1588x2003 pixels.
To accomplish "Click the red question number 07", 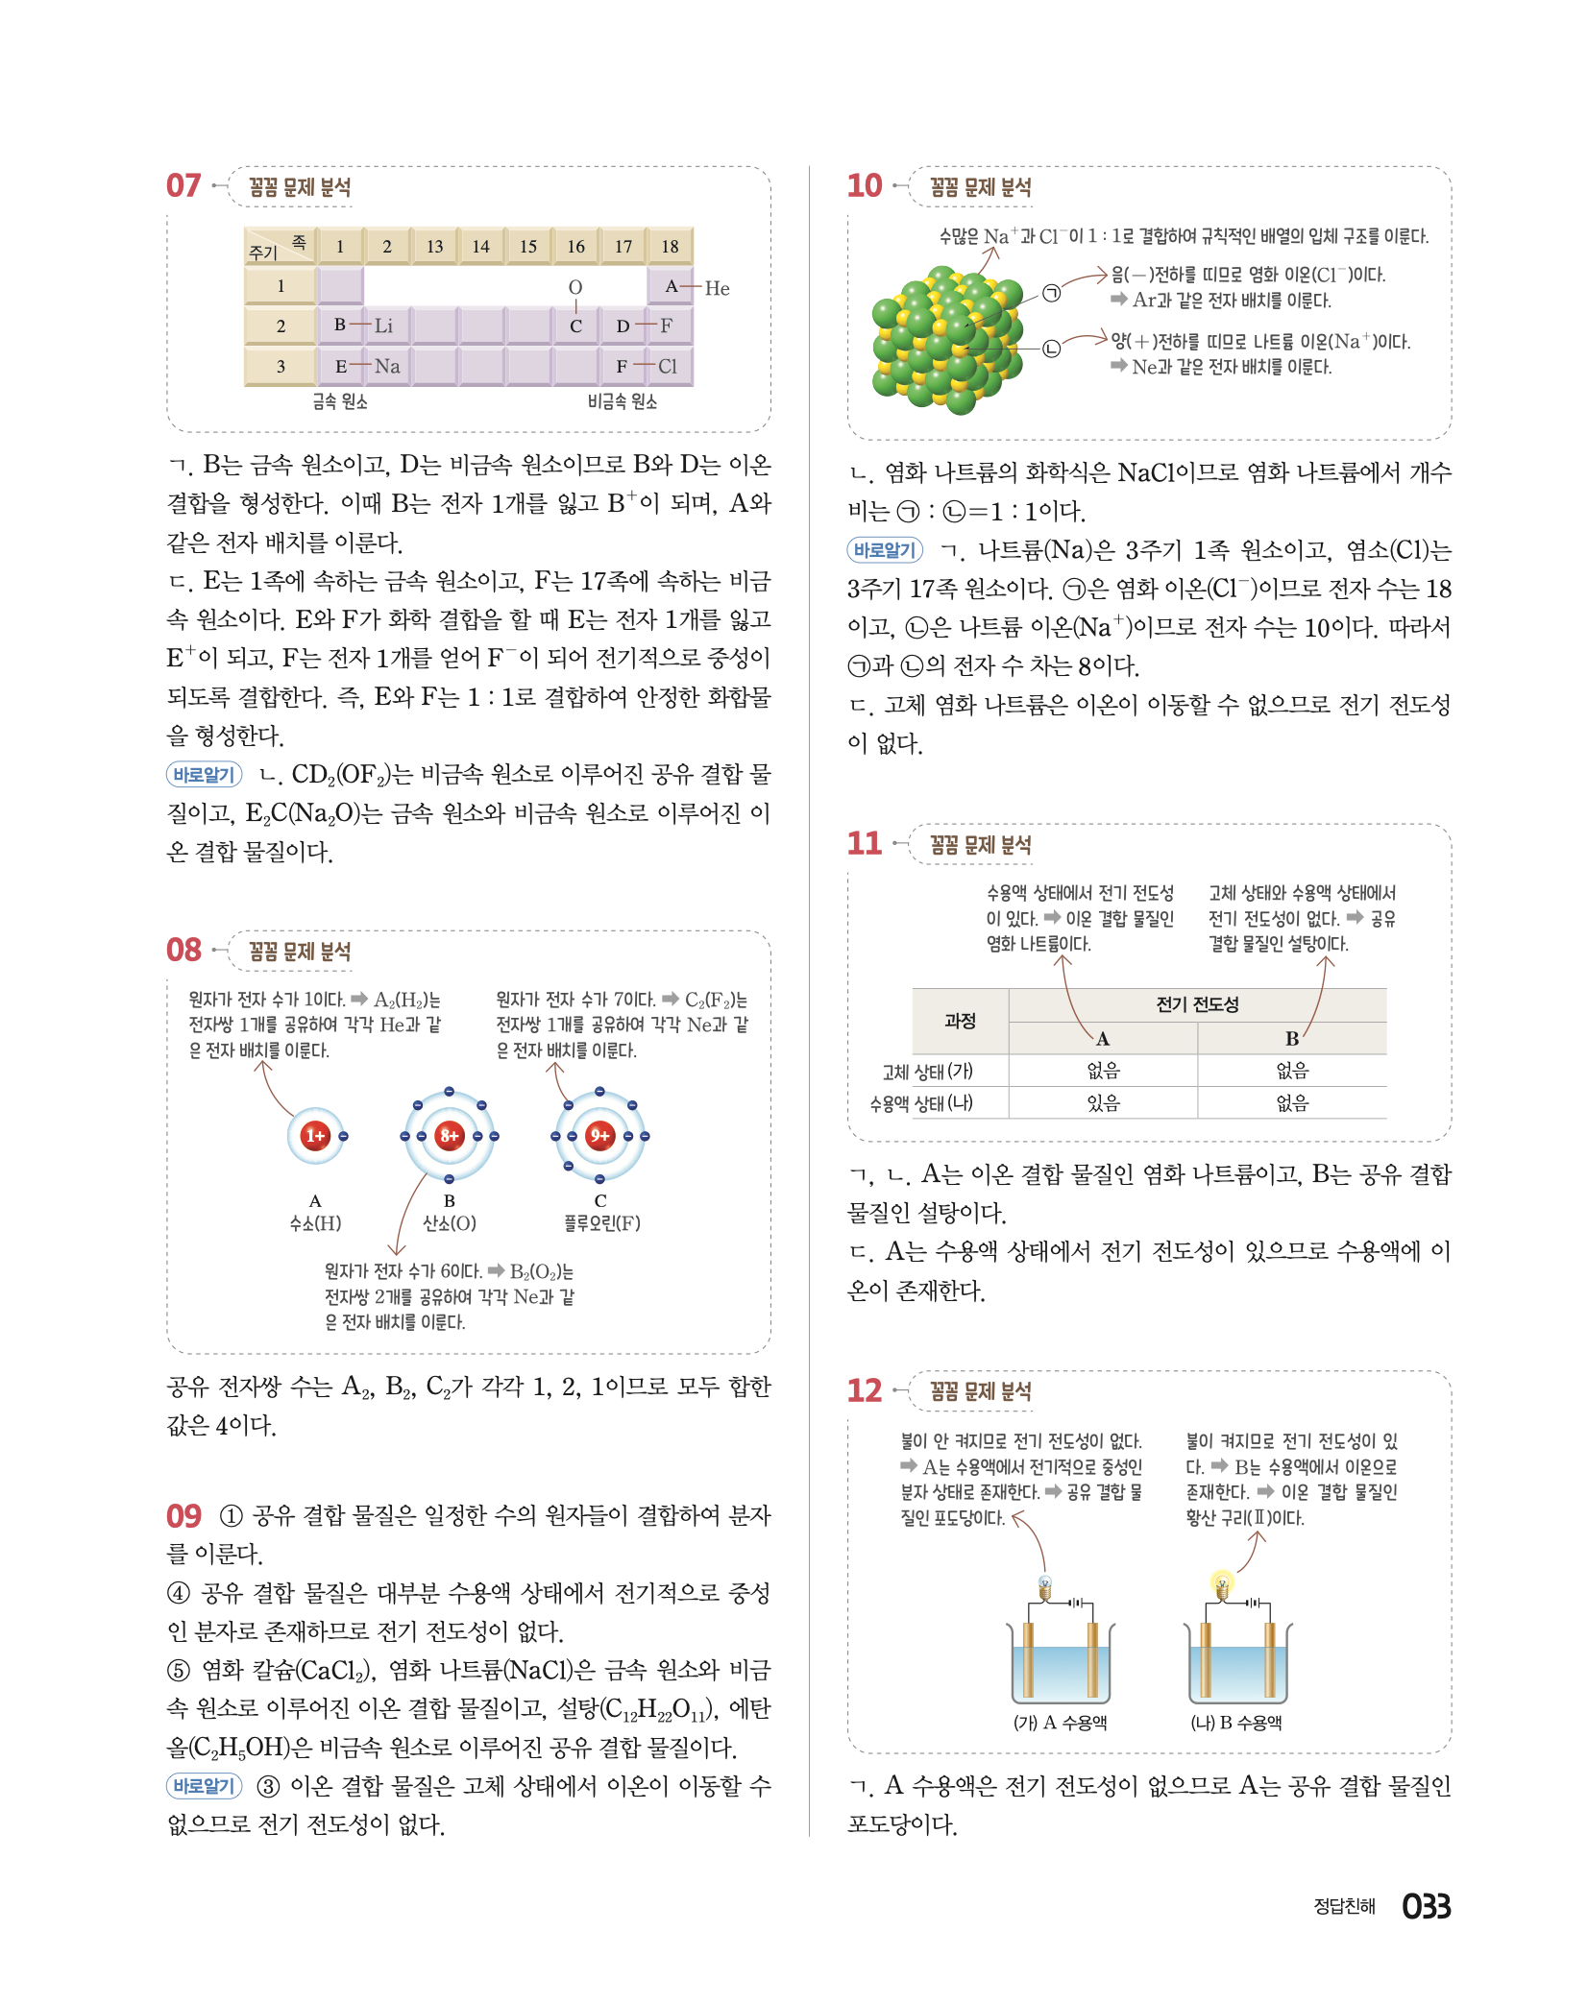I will point(183,185).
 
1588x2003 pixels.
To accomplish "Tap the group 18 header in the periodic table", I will point(670,247).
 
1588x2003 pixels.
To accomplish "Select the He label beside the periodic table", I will point(717,288).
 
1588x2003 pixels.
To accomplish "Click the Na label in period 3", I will point(387,366).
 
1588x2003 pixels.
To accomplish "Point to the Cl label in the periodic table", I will point(668,366).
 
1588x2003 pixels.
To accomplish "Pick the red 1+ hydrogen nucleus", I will point(314,1136).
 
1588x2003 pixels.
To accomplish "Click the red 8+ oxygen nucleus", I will point(449,1136).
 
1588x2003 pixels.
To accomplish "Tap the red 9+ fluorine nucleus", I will point(599,1136).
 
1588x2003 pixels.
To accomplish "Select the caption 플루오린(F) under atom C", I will point(601,1223).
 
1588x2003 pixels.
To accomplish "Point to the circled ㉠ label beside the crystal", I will point(1052,294).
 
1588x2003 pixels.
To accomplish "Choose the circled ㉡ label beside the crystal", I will point(1052,349).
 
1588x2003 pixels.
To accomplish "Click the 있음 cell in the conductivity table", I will point(1103,1103).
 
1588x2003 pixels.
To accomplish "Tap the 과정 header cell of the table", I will point(960,1021).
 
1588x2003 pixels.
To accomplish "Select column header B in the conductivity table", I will point(1292,1038).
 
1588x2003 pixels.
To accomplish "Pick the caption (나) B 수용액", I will point(1236,1723).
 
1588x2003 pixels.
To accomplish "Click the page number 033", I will point(1426,1906).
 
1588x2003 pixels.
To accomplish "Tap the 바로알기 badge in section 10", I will point(885,550).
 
